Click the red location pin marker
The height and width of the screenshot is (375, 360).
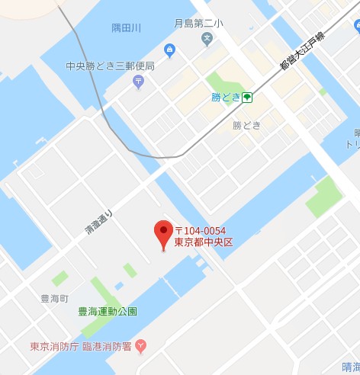pos(163,233)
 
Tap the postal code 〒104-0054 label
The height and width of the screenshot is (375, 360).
pos(201,231)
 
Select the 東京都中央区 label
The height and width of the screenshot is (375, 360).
pos(203,242)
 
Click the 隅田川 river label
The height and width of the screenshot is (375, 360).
pos(127,28)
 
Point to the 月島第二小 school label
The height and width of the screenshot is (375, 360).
pos(199,24)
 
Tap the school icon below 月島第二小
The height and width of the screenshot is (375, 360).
pos(208,38)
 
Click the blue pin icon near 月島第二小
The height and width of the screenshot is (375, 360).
pos(169,51)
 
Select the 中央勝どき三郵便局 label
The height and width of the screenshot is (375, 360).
pos(111,66)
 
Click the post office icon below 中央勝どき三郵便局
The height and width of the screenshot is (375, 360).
pos(138,82)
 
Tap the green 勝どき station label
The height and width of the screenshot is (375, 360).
pos(226,98)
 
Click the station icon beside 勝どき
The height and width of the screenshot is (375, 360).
pos(248,98)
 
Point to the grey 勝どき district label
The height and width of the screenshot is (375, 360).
pos(246,124)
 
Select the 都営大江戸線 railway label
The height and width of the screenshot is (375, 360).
pos(301,51)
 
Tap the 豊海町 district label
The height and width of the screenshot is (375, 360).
pos(55,298)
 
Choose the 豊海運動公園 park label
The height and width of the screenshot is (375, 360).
pos(108,312)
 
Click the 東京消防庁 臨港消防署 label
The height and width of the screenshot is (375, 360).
pos(80,346)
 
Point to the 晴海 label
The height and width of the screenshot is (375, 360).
pos(351,365)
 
